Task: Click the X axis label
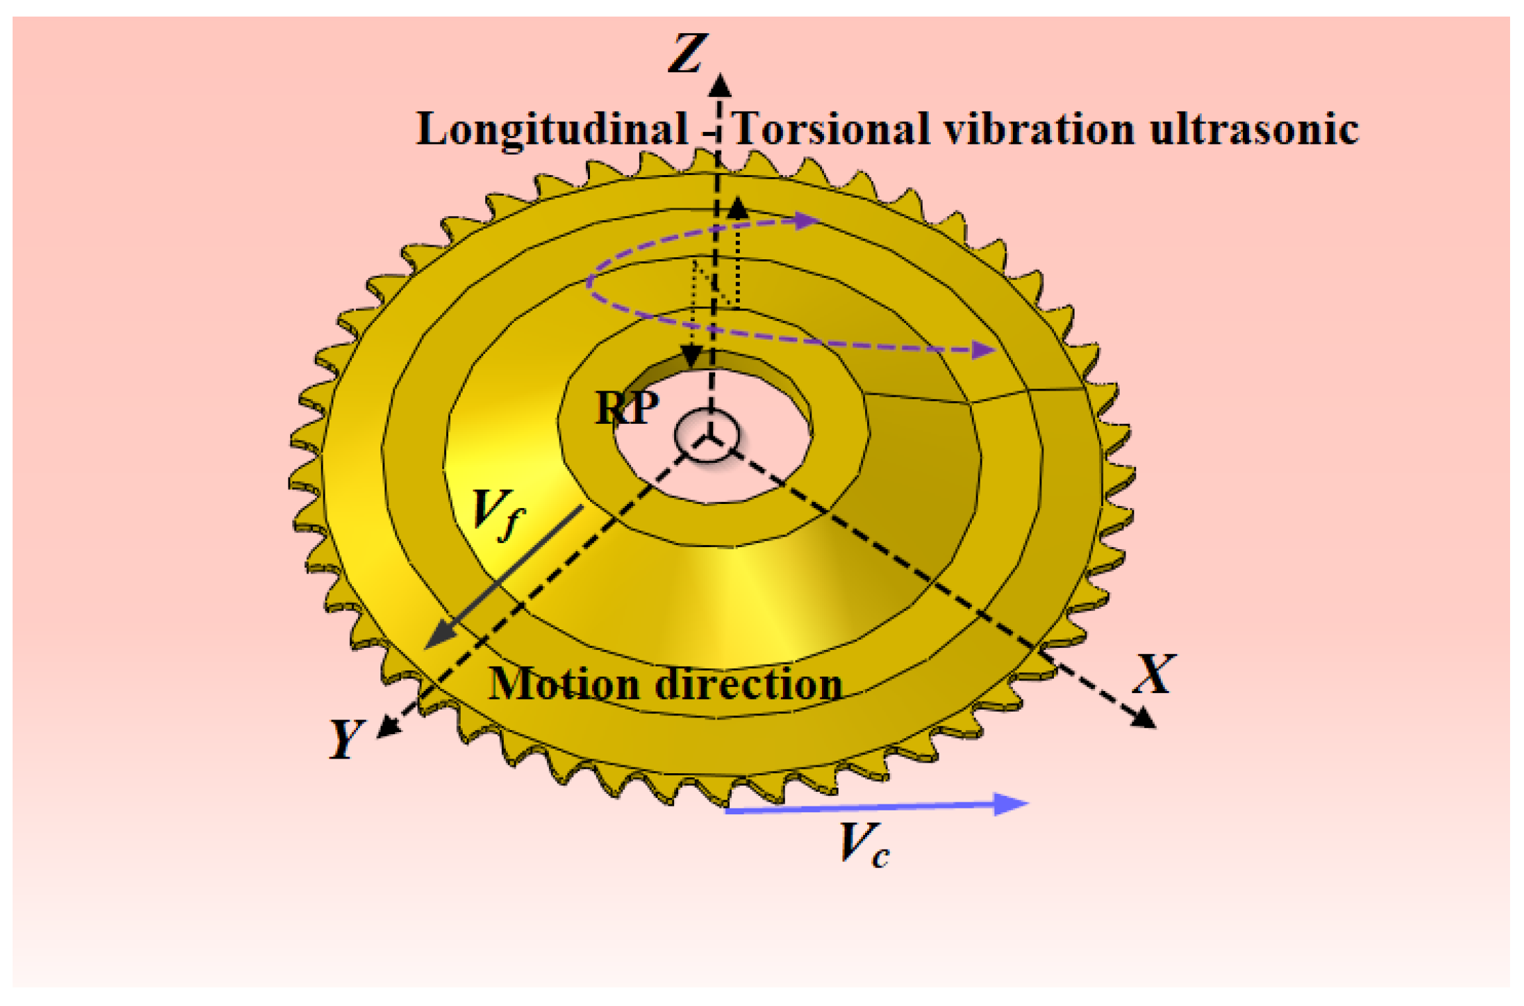click(x=1154, y=674)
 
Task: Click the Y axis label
click(x=347, y=738)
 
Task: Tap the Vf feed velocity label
click(x=498, y=514)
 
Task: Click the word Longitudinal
click(x=552, y=129)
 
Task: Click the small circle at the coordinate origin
click(x=707, y=435)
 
